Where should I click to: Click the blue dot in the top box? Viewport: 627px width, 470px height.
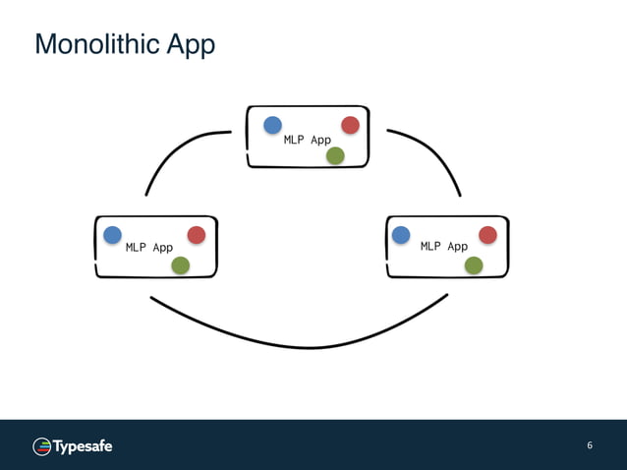pos(272,125)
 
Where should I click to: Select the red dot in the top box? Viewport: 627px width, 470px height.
pos(350,125)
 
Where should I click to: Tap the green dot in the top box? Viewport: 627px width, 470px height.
pos(335,155)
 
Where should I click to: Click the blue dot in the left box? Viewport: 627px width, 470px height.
pos(113,234)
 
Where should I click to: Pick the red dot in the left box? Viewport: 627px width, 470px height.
pos(196,235)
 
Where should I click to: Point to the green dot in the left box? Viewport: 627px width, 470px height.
pos(180,265)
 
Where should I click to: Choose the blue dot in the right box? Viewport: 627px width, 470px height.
pos(401,234)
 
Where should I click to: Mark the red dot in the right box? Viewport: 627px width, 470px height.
pos(487,234)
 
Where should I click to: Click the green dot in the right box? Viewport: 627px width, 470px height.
pos(474,264)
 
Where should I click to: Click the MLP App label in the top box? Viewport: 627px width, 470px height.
pos(308,140)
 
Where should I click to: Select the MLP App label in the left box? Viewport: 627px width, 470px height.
pos(149,247)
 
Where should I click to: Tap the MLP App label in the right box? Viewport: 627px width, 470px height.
pos(444,246)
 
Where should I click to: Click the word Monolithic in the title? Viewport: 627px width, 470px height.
pos(87,44)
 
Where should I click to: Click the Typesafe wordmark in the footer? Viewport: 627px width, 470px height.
pos(83,446)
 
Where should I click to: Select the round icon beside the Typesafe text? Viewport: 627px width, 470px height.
pos(42,446)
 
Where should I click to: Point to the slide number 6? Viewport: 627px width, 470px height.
pos(590,445)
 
